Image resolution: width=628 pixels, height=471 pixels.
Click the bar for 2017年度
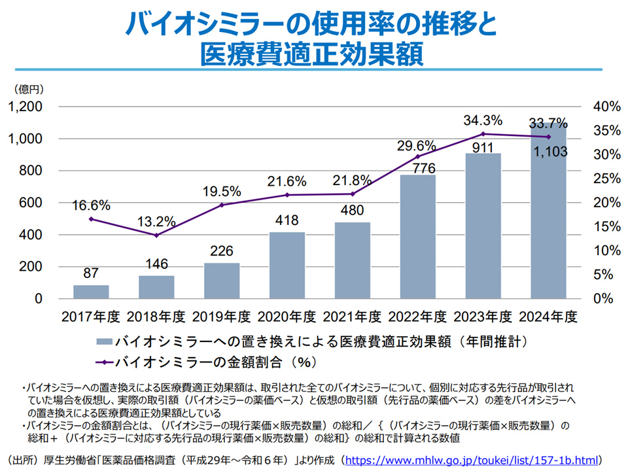coord(91,292)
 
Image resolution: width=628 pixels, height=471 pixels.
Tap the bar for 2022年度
coord(418,237)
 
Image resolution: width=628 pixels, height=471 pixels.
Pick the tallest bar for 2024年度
coord(548,216)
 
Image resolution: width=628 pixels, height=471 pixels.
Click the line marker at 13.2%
coord(156,235)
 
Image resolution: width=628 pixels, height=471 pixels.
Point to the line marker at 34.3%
coord(483,134)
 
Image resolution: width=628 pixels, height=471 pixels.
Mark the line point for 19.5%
coord(222,205)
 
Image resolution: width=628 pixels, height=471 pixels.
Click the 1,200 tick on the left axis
coord(24,107)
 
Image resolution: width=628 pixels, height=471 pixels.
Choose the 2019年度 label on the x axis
coord(222,317)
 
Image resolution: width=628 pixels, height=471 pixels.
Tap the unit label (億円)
coord(26,88)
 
